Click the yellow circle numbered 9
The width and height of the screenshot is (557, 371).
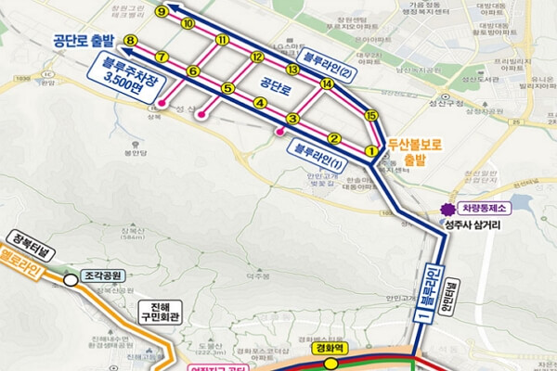162,11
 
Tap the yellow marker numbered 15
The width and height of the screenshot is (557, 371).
370,115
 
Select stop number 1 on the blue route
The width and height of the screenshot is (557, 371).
369,151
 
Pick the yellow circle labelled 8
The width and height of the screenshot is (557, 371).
130,42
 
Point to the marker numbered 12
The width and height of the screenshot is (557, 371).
257,57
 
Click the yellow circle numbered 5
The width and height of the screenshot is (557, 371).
227,88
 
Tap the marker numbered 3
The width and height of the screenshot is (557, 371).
291,119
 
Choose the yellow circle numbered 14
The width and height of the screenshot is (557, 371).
326,84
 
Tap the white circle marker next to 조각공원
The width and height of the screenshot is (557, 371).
70,276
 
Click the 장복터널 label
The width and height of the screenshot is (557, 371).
26,237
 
